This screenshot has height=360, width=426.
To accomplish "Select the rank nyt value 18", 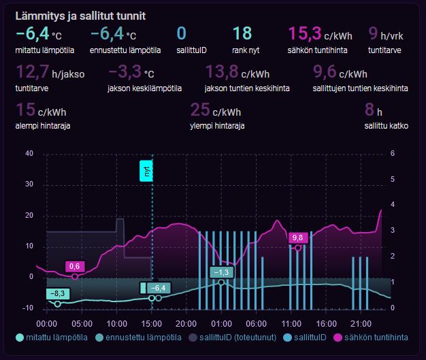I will [242, 34].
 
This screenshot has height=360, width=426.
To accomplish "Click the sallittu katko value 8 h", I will [374, 110].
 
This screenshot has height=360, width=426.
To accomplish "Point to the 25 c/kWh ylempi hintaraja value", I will [215, 110].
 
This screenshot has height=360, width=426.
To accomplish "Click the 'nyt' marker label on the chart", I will [146, 171].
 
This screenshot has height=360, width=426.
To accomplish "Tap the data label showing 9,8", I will [297, 238].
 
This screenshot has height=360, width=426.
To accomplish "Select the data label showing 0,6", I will [75, 266].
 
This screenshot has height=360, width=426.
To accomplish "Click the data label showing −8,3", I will [59, 293].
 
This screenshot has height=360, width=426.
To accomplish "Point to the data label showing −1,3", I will [221, 272].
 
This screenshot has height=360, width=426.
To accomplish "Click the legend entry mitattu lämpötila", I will [54, 338].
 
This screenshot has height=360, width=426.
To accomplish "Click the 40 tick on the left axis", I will [29, 154].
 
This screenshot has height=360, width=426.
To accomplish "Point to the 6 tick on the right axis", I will [393, 154].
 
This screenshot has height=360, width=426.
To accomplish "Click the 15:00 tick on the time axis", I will [152, 323].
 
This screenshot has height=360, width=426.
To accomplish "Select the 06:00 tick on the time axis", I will [256, 323].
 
